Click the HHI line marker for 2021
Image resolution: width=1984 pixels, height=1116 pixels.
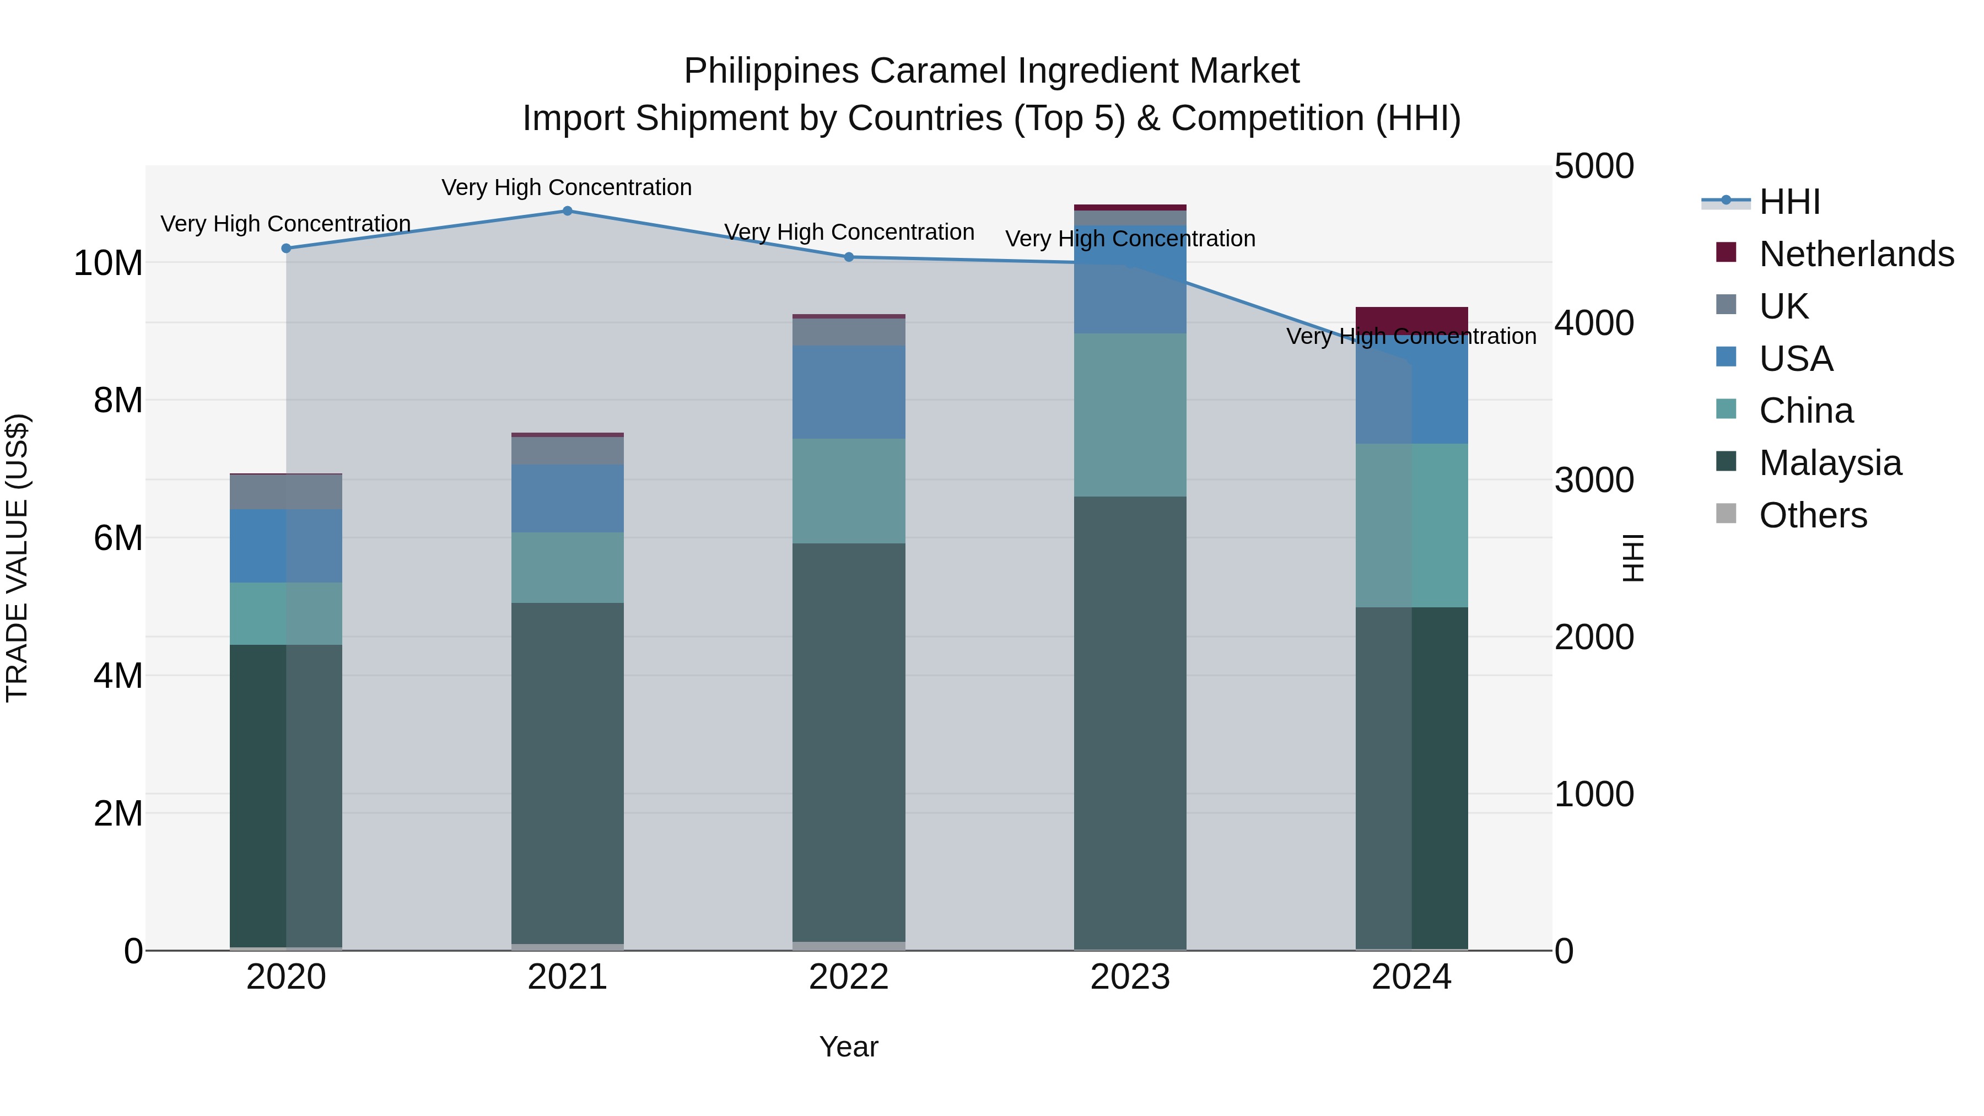click(568, 211)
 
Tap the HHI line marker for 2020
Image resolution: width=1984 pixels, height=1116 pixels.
click(287, 249)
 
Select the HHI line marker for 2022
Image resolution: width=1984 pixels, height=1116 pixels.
click(849, 257)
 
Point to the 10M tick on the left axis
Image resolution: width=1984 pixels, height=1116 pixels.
click(108, 263)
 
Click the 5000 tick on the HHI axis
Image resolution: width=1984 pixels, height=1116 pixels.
click(1593, 166)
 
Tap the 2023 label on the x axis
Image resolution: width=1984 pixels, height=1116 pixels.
click(1130, 977)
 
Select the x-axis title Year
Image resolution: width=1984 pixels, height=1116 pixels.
click(849, 1047)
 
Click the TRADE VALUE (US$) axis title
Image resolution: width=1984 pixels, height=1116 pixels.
click(17, 558)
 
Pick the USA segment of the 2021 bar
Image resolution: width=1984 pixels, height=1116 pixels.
click(568, 498)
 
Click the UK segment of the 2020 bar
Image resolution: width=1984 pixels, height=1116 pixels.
click(287, 492)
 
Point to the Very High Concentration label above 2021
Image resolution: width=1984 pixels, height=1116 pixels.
click(567, 188)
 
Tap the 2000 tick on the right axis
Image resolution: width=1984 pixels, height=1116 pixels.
click(1593, 638)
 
